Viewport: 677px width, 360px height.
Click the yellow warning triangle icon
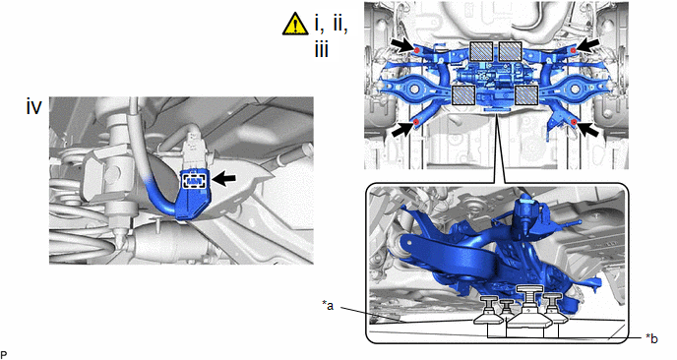(295, 24)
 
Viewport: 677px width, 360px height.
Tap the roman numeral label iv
(34, 106)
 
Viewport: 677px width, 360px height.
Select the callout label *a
(328, 306)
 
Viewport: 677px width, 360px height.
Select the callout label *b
(652, 338)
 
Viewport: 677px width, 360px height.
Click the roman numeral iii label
(321, 50)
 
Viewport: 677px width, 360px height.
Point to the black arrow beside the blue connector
(224, 179)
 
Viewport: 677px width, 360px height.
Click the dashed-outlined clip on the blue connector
(196, 181)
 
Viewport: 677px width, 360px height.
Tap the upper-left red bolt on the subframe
(417, 50)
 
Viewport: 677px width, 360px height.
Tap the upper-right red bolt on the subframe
(573, 51)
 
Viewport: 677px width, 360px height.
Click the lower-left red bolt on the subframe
(416, 123)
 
